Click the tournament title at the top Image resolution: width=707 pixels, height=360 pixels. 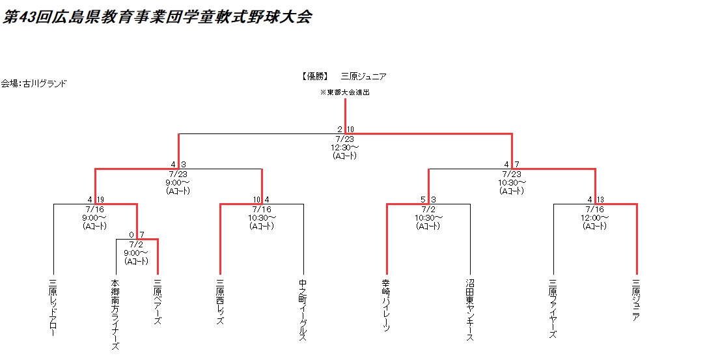[157, 18]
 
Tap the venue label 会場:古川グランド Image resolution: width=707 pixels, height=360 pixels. [34, 83]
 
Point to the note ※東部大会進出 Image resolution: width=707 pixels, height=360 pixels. [345, 92]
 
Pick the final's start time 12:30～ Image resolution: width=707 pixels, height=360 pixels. [345, 147]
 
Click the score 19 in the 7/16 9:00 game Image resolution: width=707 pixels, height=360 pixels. [100, 199]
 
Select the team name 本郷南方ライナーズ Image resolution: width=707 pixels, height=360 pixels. [116, 314]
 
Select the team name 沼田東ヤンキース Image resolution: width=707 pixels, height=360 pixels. [470, 311]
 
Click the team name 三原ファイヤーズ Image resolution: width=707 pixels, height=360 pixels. [553, 309]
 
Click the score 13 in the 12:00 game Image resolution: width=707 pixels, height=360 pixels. [600, 199]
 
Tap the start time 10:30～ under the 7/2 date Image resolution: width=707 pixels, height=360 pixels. [428, 217]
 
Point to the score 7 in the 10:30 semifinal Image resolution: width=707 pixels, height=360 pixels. [516, 164]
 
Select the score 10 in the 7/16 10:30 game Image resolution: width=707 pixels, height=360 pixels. [257, 199]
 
